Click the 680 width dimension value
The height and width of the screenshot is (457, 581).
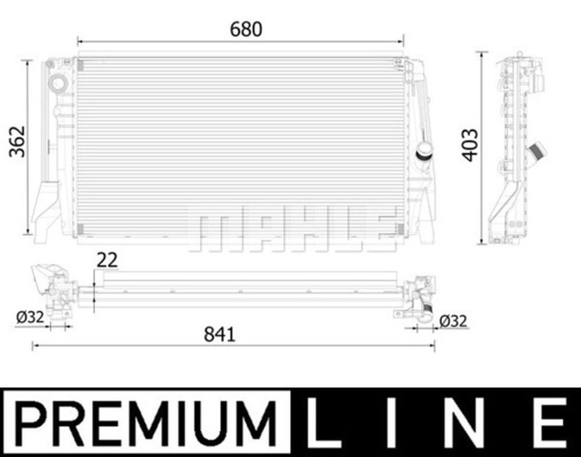click(x=246, y=29)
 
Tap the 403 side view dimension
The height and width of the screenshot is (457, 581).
click(x=470, y=145)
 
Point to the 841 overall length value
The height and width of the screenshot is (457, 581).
click(x=220, y=334)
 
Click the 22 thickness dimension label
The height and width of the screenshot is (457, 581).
click(x=107, y=260)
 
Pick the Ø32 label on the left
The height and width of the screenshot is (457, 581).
click(x=30, y=317)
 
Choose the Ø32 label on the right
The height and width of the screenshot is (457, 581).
click(x=453, y=321)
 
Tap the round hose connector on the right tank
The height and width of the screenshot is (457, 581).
click(x=425, y=151)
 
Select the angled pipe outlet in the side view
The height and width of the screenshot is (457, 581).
click(x=537, y=150)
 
